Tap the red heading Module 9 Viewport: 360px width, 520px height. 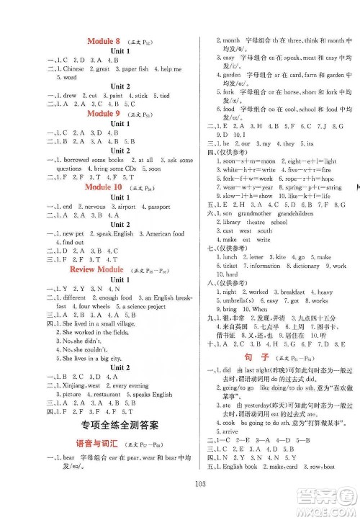coord(103,114)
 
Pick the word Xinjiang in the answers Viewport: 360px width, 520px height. coord(78,385)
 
